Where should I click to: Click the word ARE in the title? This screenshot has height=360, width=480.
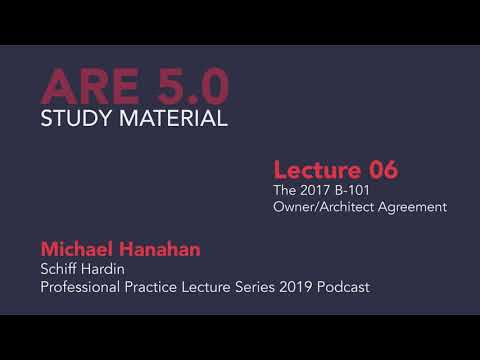click(93, 86)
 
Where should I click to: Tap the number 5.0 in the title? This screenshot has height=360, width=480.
click(194, 86)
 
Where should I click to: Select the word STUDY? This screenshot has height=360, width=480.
click(77, 119)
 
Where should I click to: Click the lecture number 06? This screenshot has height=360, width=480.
click(374, 169)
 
